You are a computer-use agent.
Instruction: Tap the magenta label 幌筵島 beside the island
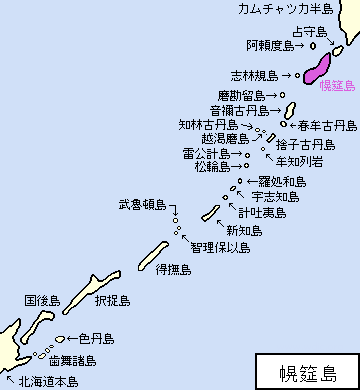point(337,86)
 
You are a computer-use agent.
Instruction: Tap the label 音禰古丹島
point(237,110)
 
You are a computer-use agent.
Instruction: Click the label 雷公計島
point(206,154)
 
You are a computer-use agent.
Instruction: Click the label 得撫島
point(172,270)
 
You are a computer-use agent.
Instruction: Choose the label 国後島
point(43,299)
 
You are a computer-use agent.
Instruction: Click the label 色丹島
point(96,339)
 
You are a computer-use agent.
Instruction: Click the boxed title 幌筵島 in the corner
point(307,371)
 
